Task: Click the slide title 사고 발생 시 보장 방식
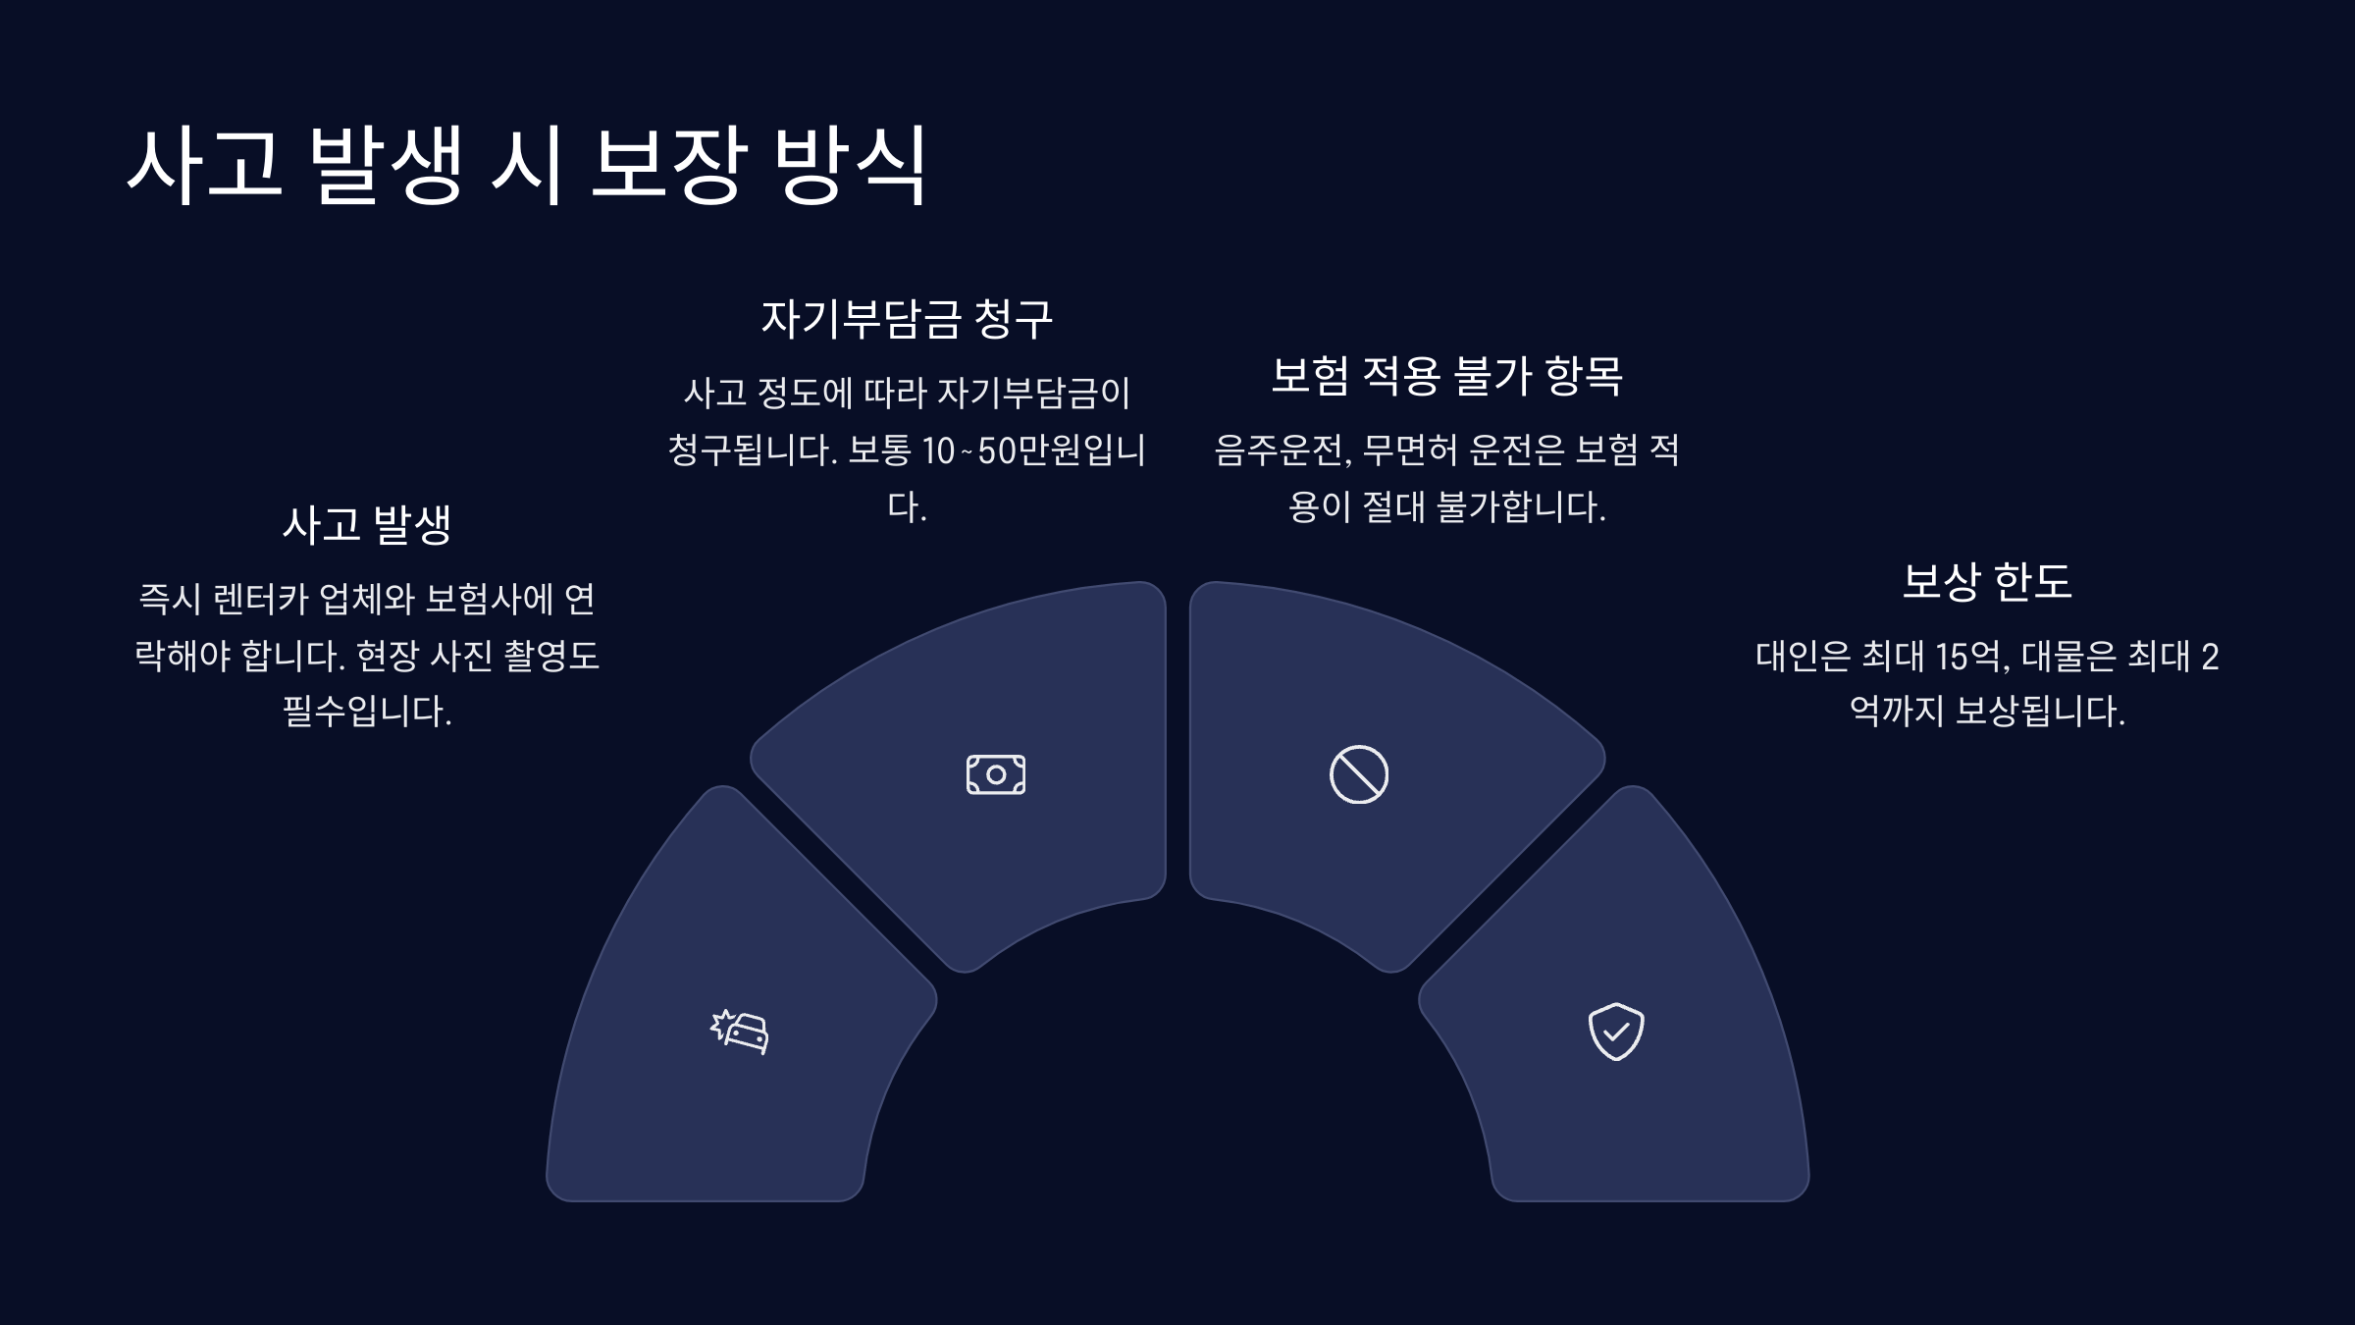pos(526,165)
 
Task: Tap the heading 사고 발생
pos(367,524)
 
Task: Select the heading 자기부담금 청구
pos(907,319)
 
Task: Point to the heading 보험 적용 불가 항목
pos(1446,376)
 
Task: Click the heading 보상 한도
pos(1986,581)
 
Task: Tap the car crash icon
pos(740,1032)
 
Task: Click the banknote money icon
pos(995,774)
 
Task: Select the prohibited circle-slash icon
pos(1358,774)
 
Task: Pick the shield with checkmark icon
pos(1615,1032)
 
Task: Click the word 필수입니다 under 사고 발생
pos(367,712)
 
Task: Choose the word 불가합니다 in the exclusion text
pos(1520,507)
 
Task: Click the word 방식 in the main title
pos(850,165)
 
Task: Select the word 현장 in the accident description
pos(387,656)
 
